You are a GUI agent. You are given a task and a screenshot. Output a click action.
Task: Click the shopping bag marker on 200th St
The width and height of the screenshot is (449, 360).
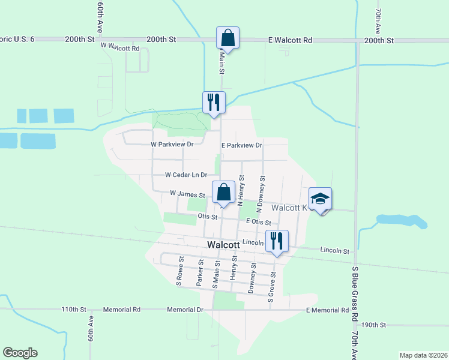coord(228,38)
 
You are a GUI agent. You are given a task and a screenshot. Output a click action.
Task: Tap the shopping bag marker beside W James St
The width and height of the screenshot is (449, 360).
coord(223,193)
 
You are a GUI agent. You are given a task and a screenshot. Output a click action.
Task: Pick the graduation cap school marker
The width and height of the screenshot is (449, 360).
coord(320,199)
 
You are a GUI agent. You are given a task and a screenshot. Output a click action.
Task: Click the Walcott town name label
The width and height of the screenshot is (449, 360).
coord(223,245)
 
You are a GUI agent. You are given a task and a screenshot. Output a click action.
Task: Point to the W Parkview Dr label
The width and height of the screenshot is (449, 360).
coord(172,145)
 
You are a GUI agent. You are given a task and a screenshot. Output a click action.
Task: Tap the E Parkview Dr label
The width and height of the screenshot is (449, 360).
coord(242,146)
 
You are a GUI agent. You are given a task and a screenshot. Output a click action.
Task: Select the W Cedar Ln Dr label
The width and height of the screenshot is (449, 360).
coord(186,175)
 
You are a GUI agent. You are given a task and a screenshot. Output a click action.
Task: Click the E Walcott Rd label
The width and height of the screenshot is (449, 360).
coord(291,40)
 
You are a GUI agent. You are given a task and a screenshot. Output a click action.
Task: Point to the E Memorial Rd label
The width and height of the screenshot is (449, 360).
coord(327,310)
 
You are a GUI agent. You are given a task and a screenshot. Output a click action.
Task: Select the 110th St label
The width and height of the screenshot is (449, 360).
coord(74,310)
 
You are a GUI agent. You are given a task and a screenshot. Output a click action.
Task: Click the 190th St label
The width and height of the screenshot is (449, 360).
coord(382,325)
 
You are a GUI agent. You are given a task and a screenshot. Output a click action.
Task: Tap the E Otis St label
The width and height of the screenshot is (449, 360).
coord(262,223)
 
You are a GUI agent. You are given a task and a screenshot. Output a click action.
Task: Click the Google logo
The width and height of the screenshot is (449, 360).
coord(20,353)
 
